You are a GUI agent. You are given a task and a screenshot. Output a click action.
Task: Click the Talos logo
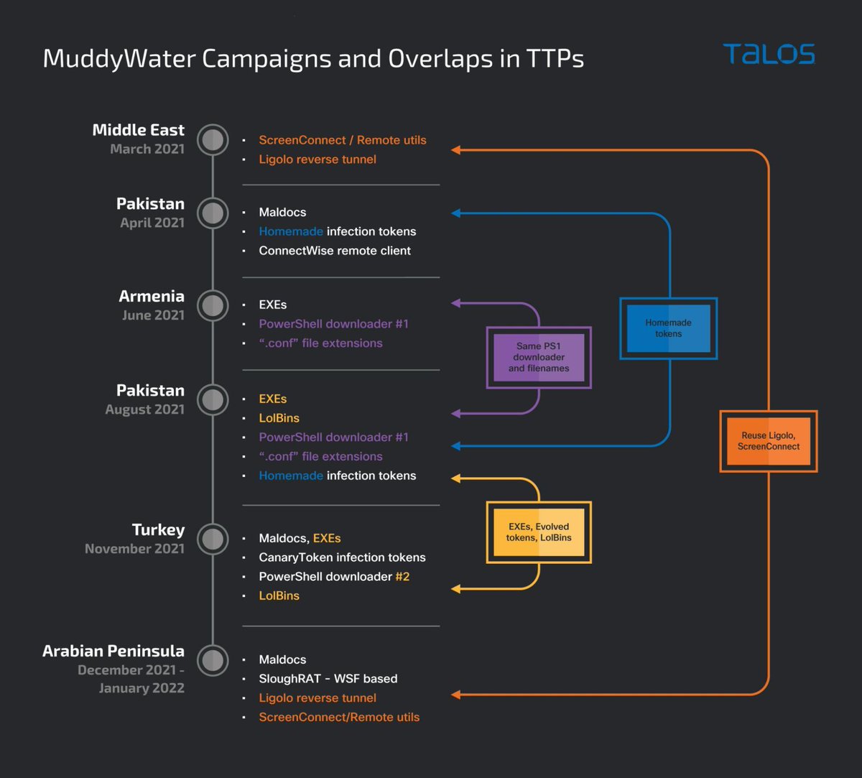pyautogui.click(x=769, y=54)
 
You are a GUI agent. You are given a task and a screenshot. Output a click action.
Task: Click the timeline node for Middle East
pyautogui.click(x=213, y=139)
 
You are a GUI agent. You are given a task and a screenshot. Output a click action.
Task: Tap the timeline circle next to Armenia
pyautogui.click(x=213, y=305)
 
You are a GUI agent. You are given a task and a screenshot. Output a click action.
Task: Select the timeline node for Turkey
pyautogui.click(x=213, y=539)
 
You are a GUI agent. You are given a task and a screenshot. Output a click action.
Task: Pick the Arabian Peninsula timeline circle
pyautogui.click(x=213, y=660)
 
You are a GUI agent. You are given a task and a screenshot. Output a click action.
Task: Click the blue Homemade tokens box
pyautogui.click(x=668, y=328)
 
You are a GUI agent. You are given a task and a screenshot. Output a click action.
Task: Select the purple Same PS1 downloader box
pyautogui.click(x=539, y=357)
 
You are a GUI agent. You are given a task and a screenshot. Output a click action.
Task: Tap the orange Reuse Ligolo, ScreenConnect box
pyautogui.click(x=768, y=441)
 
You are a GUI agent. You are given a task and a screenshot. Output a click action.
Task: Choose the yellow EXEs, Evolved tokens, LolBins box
pyautogui.click(x=539, y=532)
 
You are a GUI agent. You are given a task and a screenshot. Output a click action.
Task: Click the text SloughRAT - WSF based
pyautogui.click(x=328, y=679)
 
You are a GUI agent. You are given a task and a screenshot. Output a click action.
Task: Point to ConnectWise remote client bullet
pyautogui.click(x=335, y=251)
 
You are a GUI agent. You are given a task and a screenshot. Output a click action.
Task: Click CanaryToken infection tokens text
pyautogui.click(x=342, y=557)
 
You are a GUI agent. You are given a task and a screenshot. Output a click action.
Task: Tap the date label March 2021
pyautogui.click(x=147, y=149)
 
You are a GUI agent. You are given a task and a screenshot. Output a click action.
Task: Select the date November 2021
pyautogui.click(x=134, y=549)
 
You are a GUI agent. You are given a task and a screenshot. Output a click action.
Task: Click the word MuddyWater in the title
pyautogui.click(x=119, y=58)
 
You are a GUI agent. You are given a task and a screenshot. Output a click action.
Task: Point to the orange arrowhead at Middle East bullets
pyautogui.click(x=455, y=150)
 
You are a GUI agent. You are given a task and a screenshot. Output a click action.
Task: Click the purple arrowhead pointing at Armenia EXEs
pyautogui.click(x=455, y=304)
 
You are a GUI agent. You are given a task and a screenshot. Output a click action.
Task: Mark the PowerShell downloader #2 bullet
pyautogui.click(x=334, y=576)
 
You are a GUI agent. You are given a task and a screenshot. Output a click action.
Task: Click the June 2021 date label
pyautogui.click(x=153, y=315)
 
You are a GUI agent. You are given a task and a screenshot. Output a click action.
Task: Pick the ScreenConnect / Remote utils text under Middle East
pyautogui.click(x=343, y=140)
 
